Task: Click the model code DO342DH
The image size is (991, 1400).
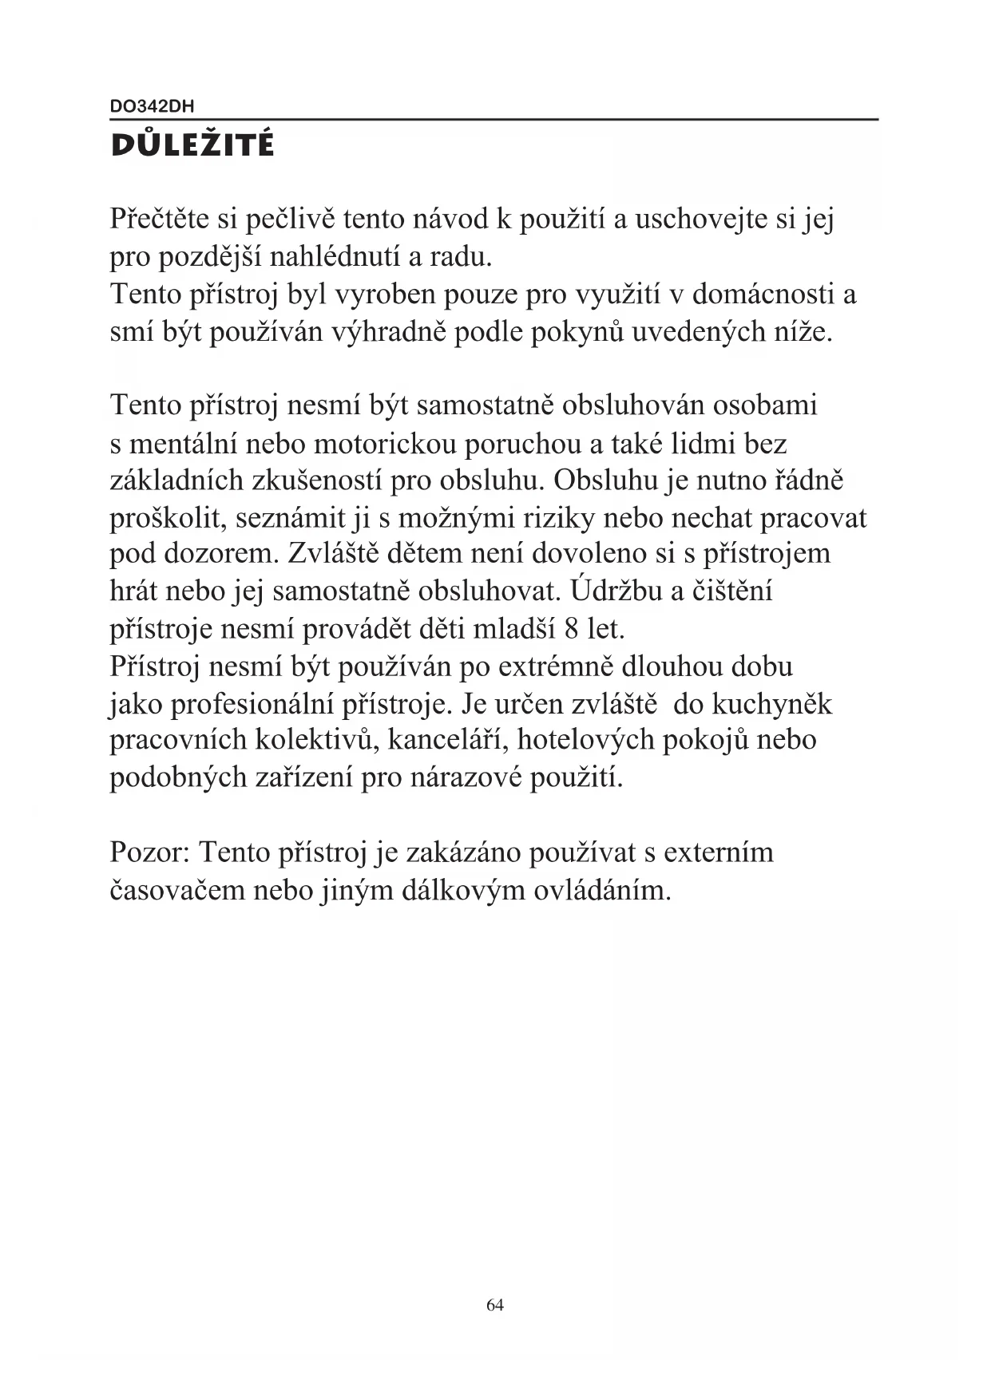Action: point(152,106)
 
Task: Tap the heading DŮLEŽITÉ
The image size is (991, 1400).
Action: point(192,145)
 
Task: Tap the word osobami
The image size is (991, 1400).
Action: point(764,405)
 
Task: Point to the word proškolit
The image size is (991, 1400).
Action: point(164,518)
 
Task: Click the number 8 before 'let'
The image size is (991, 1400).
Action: point(571,629)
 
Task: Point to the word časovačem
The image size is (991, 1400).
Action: point(176,890)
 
